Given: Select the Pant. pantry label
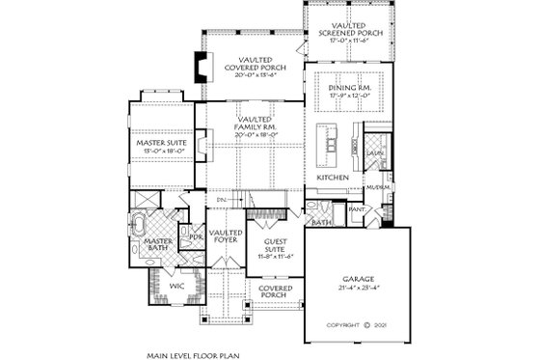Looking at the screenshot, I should pos(355,208).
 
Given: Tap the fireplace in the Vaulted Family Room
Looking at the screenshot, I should pos(196,145).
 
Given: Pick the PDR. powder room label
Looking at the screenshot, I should pos(196,236).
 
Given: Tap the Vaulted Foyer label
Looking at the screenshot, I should pos(225,238).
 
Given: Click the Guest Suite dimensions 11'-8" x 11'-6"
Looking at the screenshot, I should pos(275,256).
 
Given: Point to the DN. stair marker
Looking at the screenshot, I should pos(234,201).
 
